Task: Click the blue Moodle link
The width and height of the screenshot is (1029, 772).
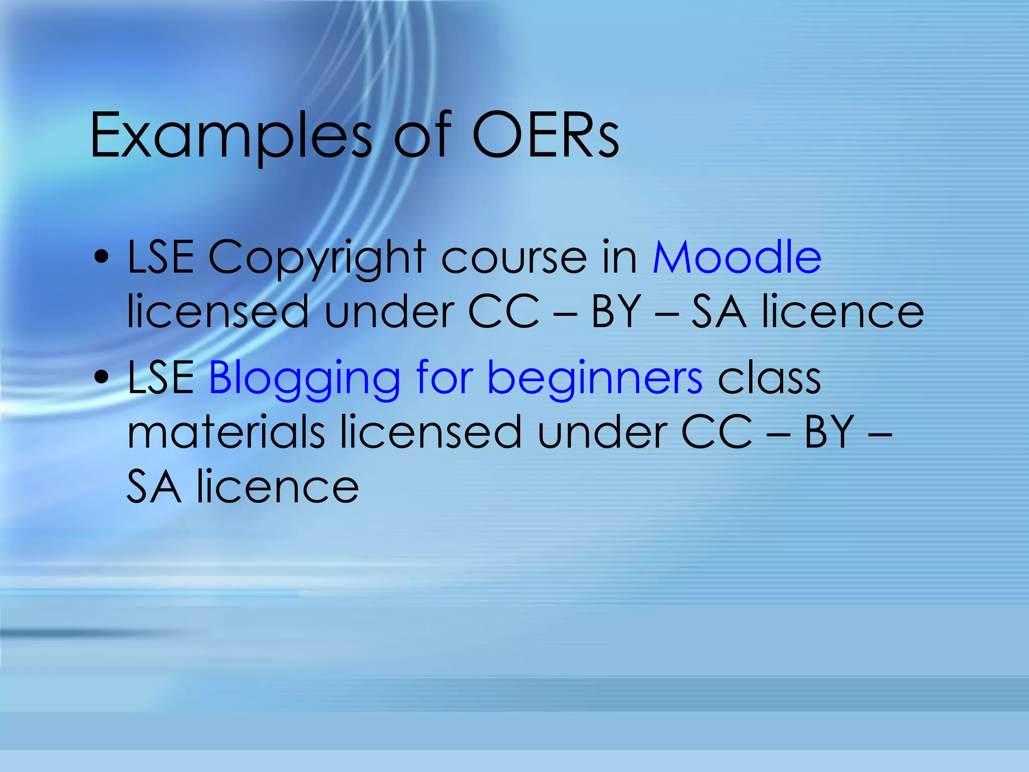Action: coord(737,257)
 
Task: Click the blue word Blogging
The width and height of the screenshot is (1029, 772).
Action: coord(304,378)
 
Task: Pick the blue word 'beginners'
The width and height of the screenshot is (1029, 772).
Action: coord(595,378)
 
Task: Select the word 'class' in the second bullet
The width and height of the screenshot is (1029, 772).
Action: coord(769,378)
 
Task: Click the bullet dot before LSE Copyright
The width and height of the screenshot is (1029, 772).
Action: coord(102,257)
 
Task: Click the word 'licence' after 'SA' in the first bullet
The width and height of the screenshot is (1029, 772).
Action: coord(843,313)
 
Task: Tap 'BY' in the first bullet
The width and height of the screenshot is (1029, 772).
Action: coord(616,313)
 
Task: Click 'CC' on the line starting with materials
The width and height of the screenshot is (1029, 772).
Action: coord(717,432)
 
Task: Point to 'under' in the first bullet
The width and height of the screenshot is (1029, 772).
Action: coord(389,313)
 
